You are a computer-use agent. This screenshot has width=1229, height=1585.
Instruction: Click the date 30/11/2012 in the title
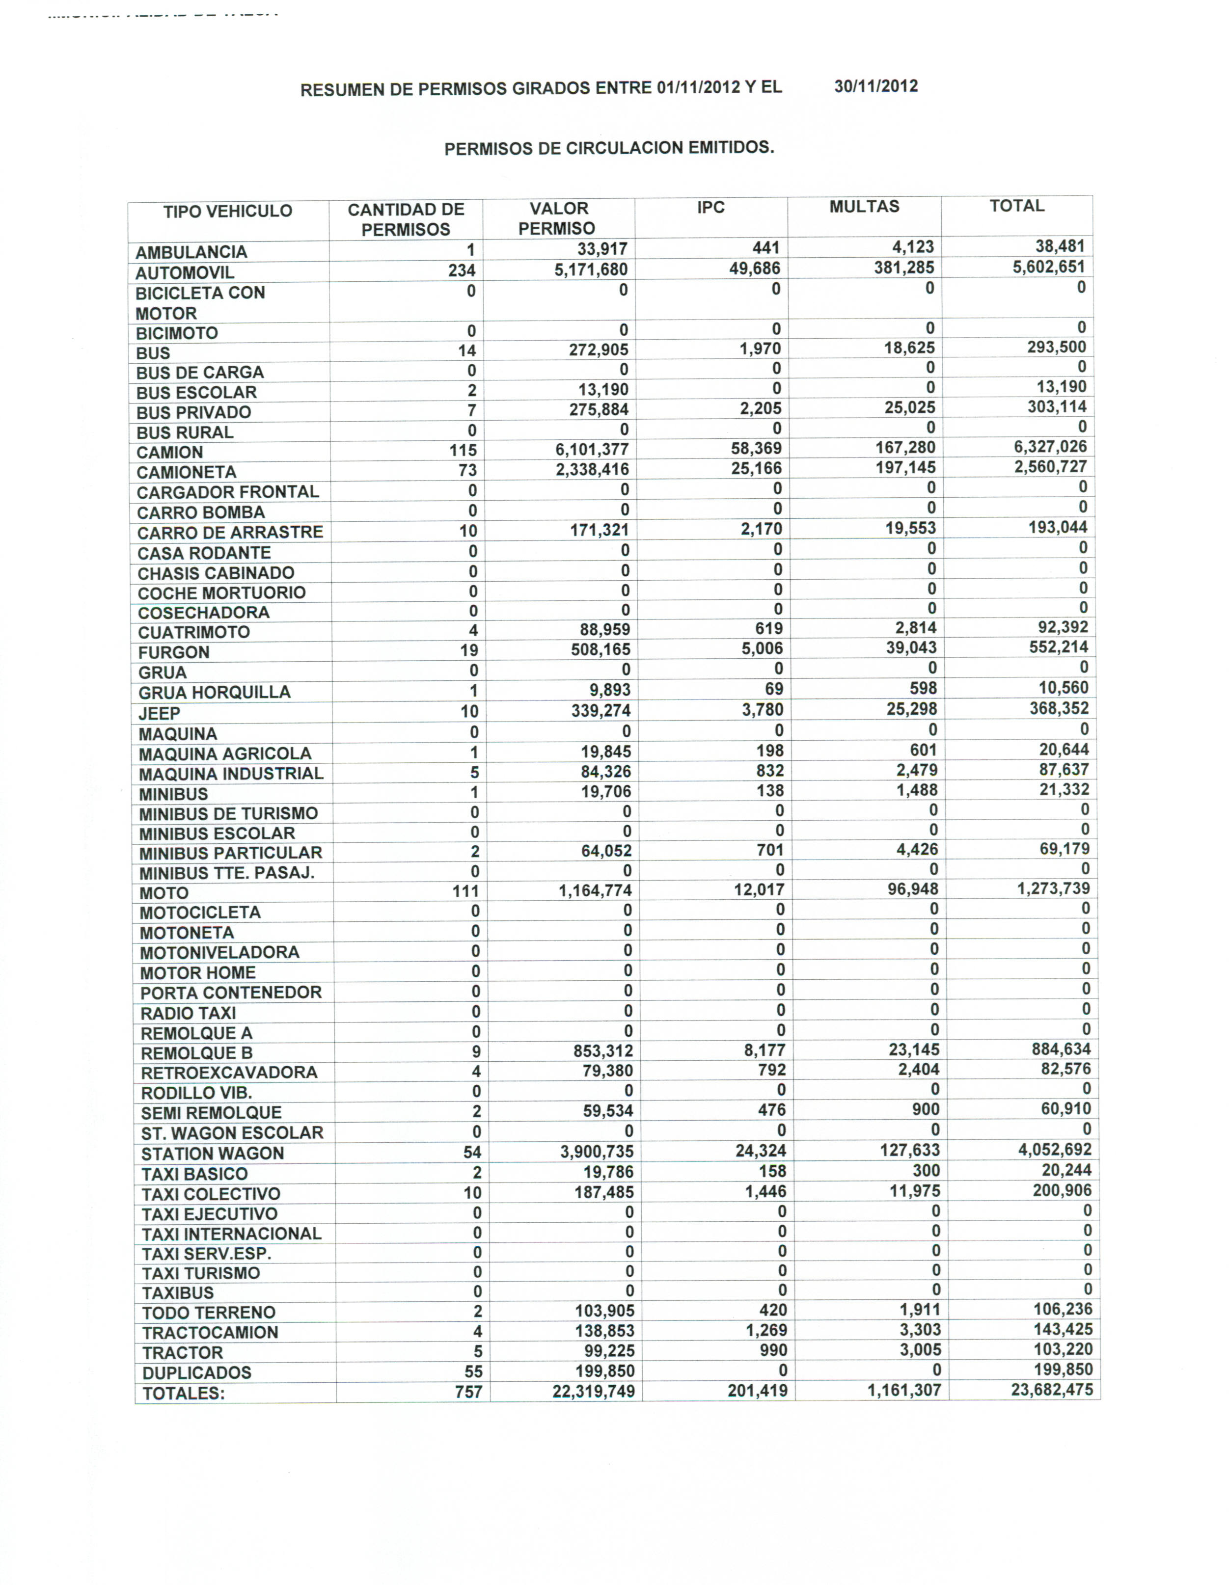pos(875,86)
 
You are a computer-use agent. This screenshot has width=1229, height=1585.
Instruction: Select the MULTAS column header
pos(864,207)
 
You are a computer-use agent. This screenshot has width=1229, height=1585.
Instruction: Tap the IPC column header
pos(710,208)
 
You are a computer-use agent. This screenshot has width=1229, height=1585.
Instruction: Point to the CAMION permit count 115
pos(463,450)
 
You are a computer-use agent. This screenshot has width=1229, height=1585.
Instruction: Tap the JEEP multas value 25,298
pos(912,709)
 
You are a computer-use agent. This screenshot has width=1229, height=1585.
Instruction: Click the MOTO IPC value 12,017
pos(759,890)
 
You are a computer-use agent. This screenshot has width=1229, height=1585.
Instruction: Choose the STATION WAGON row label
pos(212,1153)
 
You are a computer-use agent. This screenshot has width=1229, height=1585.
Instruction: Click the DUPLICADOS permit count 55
pos(472,1371)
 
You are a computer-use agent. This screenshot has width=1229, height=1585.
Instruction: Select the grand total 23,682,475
pos(1051,1389)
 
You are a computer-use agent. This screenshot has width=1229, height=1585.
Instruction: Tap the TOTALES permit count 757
pos(468,1391)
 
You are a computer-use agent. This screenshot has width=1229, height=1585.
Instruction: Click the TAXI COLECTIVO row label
pos(211,1194)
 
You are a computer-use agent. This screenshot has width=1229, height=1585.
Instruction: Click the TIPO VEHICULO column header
pos(227,211)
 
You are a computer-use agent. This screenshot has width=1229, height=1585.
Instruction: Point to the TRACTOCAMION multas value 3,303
pos(919,1330)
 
